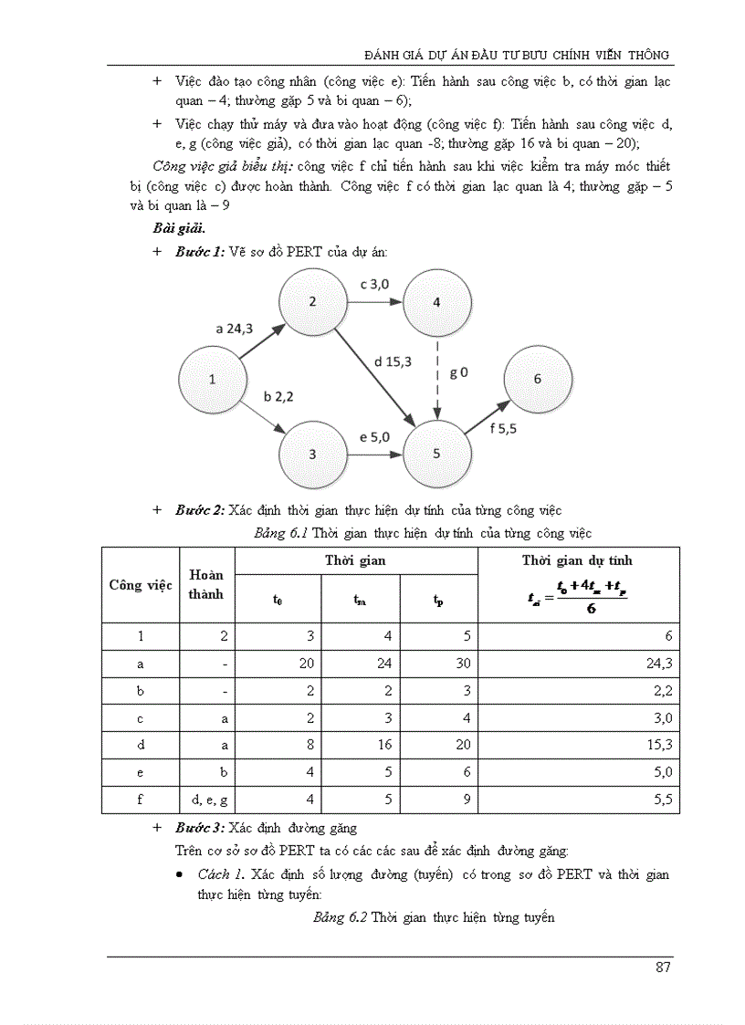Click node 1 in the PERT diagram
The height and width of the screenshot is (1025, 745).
coord(212,379)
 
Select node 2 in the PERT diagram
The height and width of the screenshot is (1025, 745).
coord(312,302)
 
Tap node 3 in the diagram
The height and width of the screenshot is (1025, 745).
coord(312,454)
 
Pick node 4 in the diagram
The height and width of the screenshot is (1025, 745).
coord(436,302)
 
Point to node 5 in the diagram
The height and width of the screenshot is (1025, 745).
coord(436,454)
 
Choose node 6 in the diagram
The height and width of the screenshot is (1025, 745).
coord(537,379)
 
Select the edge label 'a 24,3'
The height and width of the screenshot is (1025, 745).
coord(234,329)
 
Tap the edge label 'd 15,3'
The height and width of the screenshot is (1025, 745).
coord(392,361)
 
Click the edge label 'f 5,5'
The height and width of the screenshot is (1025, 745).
coord(503,428)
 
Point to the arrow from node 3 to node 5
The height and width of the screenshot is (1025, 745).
coord(374,454)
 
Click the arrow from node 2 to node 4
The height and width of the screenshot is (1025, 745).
coord(374,302)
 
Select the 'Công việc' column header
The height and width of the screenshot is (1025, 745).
coord(141,585)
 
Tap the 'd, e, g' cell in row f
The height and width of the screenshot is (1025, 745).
coord(209,800)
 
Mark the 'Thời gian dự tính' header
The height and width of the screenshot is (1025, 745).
coord(576,560)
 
